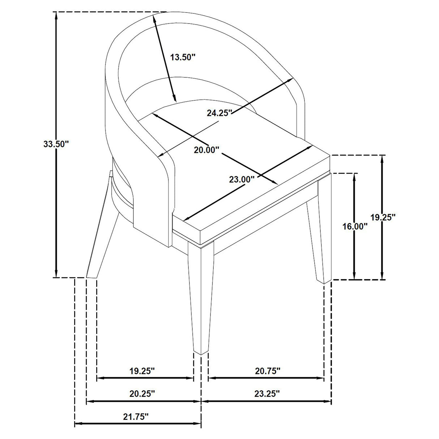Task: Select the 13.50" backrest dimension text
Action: pos(183,57)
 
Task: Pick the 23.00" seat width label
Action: pos(242,179)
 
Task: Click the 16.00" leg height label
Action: pos(355,227)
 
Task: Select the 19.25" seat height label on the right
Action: pos(383,217)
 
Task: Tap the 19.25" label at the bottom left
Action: pos(142,371)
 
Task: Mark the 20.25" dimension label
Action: pos(142,393)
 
